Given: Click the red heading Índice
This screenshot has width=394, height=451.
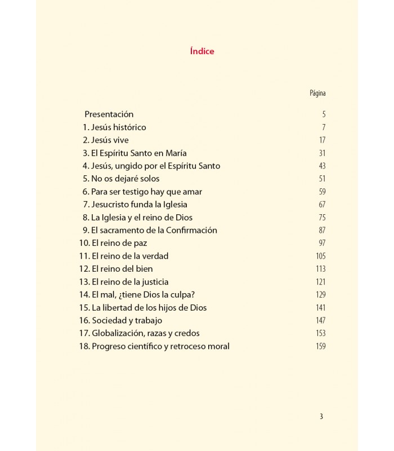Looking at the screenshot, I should point(202,51).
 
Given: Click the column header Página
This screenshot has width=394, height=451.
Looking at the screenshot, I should point(317,93).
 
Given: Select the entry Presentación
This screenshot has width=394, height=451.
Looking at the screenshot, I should point(109,114).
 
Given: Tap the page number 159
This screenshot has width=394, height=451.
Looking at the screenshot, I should point(321,346).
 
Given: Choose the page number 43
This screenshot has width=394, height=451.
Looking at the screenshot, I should point(322,166).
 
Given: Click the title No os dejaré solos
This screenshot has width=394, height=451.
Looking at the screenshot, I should point(125,179).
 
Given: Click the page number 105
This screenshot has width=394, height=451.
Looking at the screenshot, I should point(321,256).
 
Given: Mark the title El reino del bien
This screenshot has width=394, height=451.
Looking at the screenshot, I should point(122,269).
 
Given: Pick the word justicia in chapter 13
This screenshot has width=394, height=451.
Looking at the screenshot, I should point(152,282).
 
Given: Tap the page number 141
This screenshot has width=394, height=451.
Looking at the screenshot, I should point(321,308).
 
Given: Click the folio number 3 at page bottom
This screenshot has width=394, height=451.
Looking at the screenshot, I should point(321,417).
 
